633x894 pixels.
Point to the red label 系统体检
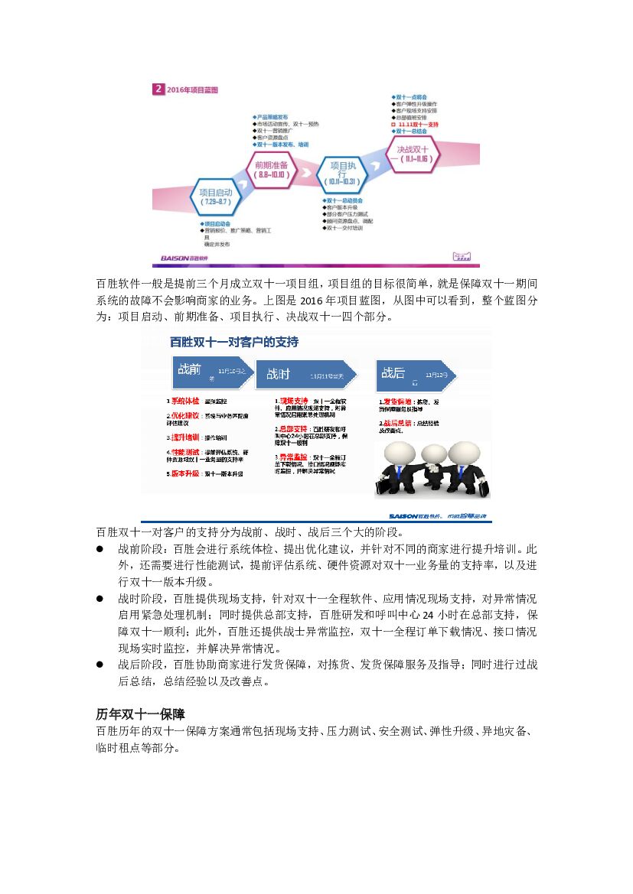coord(184,401)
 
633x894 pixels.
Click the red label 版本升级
coord(184,473)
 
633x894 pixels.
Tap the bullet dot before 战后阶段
coord(100,665)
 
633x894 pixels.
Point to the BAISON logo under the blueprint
coord(181,258)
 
